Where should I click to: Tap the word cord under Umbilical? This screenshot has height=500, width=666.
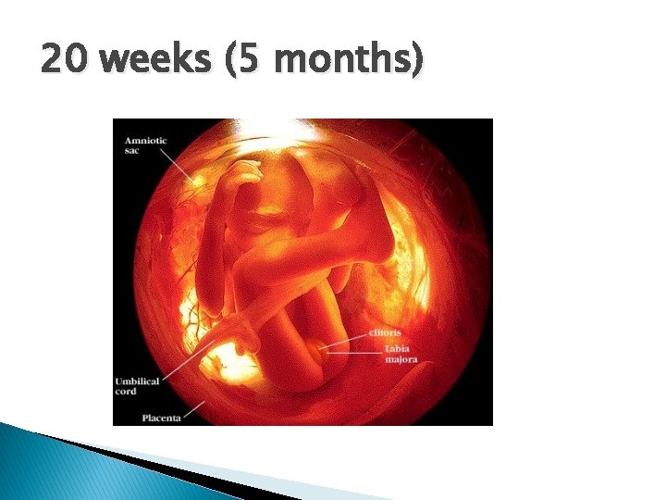(127, 391)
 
